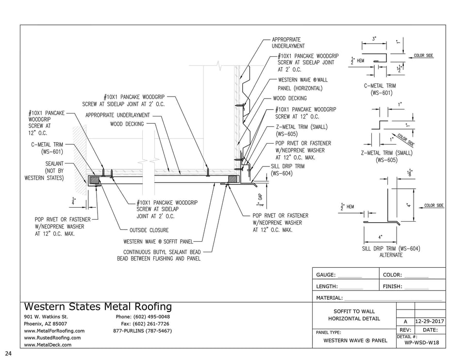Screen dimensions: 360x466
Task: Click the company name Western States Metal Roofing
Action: [x=98, y=307]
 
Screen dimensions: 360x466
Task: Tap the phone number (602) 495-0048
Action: [x=143, y=317]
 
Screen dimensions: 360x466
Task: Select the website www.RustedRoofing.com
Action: [x=52, y=338]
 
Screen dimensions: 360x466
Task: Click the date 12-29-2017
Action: [x=430, y=322]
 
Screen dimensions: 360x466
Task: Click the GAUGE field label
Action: [x=326, y=275]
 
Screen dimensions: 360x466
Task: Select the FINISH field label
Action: [x=392, y=287]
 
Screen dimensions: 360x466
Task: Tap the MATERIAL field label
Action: [x=330, y=298]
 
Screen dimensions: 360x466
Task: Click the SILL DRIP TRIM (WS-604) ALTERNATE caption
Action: [x=391, y=252]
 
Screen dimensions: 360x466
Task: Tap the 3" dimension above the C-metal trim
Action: [x=374, y=38]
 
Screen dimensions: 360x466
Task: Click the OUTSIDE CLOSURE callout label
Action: [x=149, y=230]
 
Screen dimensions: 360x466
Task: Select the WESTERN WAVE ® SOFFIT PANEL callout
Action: [x=158, y=241]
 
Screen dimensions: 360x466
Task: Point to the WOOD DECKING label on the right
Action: [x=290, y=98]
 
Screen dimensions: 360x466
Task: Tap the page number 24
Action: [x=8, y=353]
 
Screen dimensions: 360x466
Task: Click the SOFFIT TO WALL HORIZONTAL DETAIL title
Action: [x=354, y=315]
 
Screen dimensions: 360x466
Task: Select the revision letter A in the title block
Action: [x=405, y=322]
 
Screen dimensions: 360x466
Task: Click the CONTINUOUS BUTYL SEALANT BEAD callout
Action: [x=159, y=255]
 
